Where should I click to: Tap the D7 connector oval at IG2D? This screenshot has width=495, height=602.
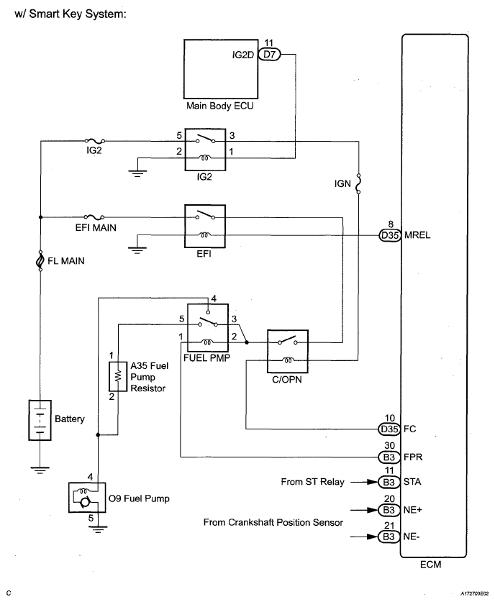[x=269, y=53]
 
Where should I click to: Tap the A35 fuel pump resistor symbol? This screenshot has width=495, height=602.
[x=113, y=375]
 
